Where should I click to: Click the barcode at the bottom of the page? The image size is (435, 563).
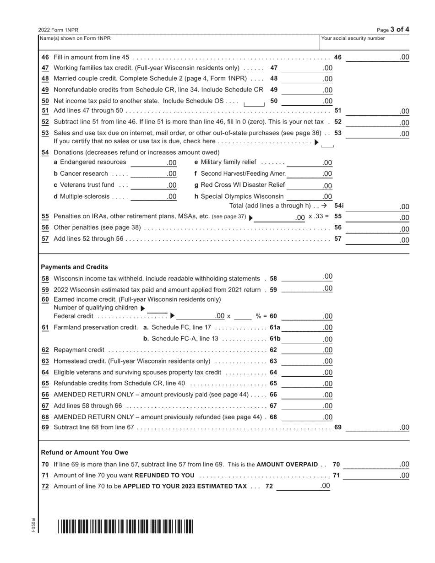125,526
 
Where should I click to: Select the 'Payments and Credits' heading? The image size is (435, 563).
75,267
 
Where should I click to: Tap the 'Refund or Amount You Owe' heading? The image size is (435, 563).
85,452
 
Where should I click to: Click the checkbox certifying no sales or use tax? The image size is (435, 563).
327,144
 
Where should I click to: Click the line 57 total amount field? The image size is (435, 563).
377,239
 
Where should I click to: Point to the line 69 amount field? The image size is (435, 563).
377,428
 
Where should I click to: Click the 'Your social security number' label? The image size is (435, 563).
353,38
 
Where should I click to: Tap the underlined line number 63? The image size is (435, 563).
45,361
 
